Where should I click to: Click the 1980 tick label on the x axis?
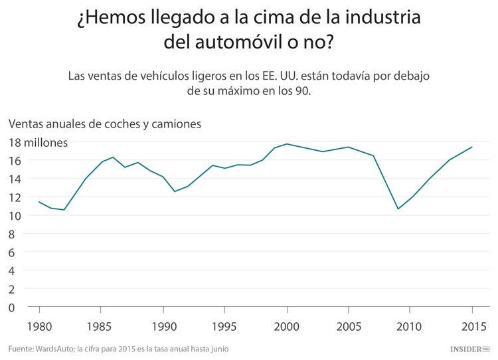39,327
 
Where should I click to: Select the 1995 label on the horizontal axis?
224,327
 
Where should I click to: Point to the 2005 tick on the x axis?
348,327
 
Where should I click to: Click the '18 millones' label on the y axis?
38,142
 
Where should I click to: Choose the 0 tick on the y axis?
12,308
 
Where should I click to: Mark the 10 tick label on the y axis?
15,216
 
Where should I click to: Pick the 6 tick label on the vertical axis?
12,252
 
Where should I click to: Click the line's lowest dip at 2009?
398,209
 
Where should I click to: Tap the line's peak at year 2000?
287,143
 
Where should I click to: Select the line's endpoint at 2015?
471,147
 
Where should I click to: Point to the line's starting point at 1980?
39,201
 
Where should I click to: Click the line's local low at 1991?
175,191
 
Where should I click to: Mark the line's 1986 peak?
113,157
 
